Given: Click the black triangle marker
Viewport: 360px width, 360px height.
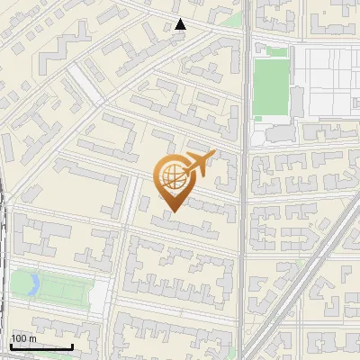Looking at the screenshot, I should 181,24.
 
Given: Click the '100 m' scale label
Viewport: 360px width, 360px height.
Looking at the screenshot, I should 23,337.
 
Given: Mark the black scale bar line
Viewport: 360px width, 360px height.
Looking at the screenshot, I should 41,346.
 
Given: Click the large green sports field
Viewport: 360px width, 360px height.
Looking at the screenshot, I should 270,87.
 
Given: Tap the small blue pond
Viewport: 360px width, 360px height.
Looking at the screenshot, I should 34,285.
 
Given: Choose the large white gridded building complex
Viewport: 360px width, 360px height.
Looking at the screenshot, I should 326,81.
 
